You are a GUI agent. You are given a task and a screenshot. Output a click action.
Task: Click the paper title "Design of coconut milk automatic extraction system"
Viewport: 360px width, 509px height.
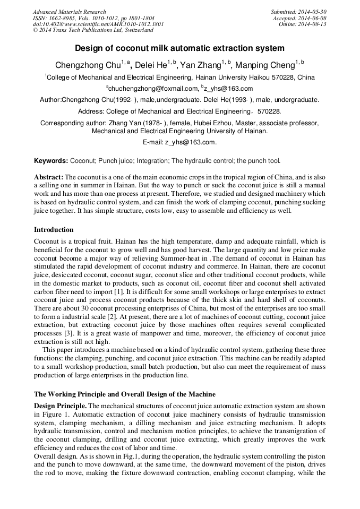pyautogui.click(x=179, y=48)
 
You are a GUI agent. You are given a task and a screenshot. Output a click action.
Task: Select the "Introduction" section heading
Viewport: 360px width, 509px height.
pyautogui.click(x=54, y=230)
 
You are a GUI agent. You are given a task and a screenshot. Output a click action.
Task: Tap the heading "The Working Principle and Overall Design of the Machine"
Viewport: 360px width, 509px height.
pyautogui.click(x=125, y=394)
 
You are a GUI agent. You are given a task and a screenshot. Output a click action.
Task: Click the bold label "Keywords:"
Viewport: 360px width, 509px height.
pyautogui.click(x=51, y=160)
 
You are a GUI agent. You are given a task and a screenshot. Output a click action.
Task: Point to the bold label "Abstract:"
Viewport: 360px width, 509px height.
pyautogui.click(x=49, y=177)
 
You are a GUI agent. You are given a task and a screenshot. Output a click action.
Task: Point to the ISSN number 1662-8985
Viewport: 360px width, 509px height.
pyautogui.click(x=58, y=18)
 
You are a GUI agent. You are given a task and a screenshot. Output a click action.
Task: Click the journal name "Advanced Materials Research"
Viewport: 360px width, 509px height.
pyautogui.click(x=69, y=12)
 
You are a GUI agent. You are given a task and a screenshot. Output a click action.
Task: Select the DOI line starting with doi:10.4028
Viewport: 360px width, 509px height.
pyautogui.click(x=98, y=24)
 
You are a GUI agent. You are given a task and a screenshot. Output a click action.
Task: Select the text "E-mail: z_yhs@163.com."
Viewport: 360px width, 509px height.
pyautogui.click(x=179, y=142)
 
